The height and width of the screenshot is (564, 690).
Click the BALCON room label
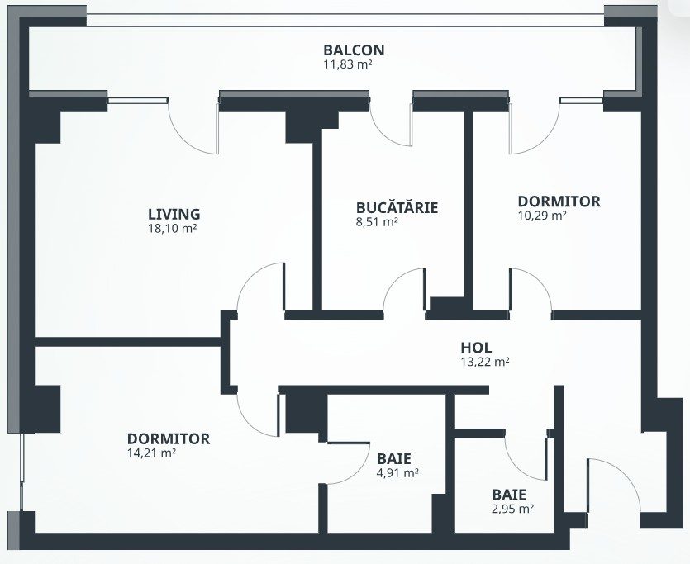[354, 50]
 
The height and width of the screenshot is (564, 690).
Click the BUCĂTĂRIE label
[397, 207]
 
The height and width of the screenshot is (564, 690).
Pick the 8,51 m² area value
[376, 221]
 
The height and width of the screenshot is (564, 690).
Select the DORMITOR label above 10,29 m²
[559, 201]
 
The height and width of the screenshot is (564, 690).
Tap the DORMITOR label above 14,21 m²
[169, 438]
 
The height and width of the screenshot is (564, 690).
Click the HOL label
[476, 348]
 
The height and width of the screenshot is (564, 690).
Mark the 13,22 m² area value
[484, 361]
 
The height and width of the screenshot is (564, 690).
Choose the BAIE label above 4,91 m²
[394, 458]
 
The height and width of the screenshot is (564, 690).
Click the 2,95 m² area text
[512, 509]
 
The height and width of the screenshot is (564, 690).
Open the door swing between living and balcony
[192, 128]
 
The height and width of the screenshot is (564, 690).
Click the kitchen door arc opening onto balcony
[390, 128]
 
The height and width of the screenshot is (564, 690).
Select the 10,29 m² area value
[541, 216]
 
